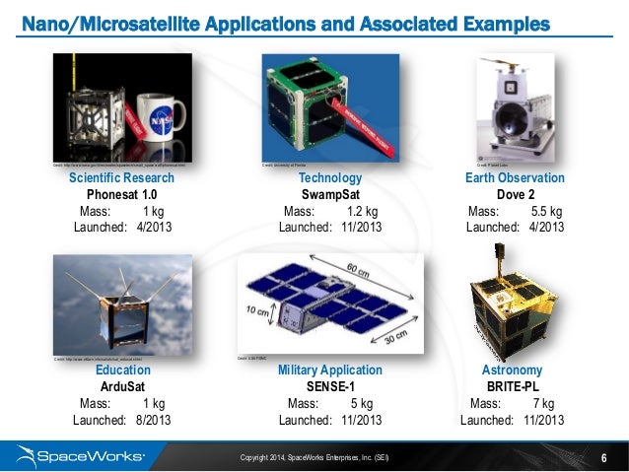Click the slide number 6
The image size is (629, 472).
[603, 456]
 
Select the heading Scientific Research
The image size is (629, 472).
[121, 178]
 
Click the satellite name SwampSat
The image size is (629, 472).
[329, 195]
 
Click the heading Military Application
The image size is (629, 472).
[329, 371]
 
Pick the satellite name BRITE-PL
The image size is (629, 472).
[512, 387]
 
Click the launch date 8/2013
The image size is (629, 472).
[151, 420]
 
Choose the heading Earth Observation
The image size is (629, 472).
[515, 178]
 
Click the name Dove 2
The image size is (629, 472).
[515, 195]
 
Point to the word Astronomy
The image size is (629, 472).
[512, 371]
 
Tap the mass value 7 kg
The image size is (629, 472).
[541, 403]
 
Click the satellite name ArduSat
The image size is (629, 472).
[122, 387]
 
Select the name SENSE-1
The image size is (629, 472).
[329, 387]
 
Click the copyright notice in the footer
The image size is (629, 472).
[320, 457]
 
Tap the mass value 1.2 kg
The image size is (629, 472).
[364, 211]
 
